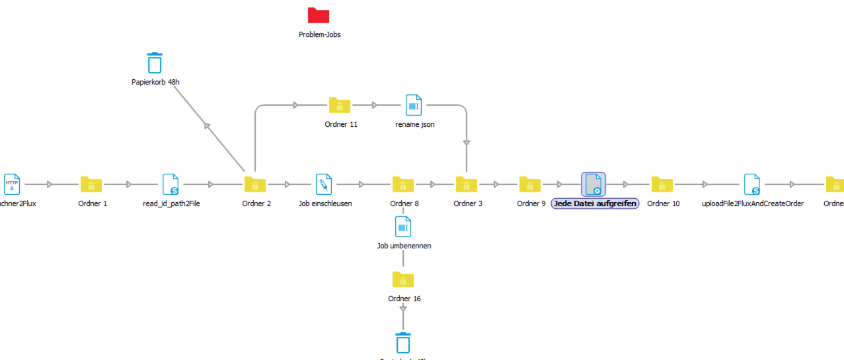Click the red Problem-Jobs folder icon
tap(319, 16)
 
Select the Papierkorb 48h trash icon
tap(155, 63)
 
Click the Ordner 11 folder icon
tap(340, 105)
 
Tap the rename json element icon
tap(414, 105)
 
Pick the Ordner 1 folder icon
tap(91, 184)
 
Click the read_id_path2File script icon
tap(171, 184)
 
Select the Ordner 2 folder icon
tap(255, 184)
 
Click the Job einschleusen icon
tap(324, 184)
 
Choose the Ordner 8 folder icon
tap(403, 184)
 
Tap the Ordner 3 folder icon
tap(467, 184)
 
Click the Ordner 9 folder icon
tap(530, 184)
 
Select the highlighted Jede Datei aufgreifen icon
tap(594, 184)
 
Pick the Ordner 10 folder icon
tap(662, 184)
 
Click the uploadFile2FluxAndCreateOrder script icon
tap(752, 184)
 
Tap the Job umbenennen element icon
tap(403, 227)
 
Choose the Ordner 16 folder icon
tap(403, 279)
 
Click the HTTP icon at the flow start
tap(12, 184)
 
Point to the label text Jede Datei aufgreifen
tap(595, 203)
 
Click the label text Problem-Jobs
tap(319, 34)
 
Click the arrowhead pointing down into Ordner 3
tap(467, 142)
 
